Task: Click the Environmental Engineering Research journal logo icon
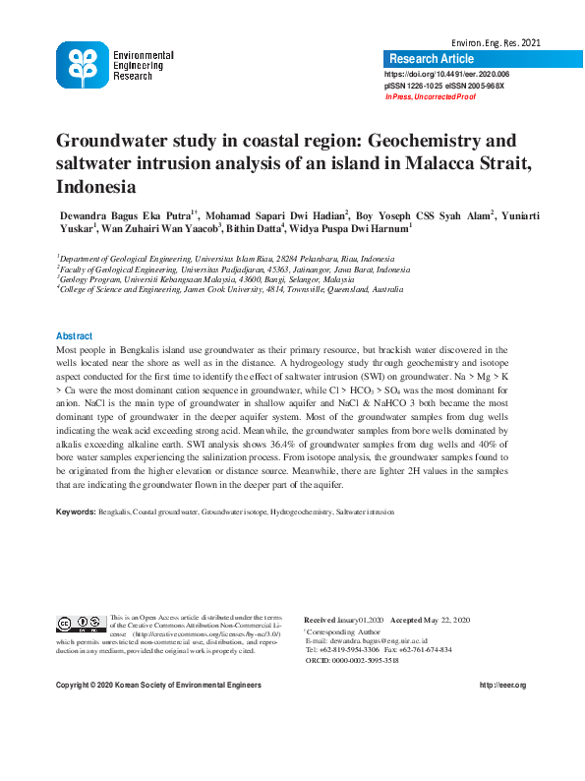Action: pos(83,66)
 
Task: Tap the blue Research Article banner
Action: pos(432,59)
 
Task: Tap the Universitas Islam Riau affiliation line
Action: pos(224,259)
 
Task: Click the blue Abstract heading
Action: pos(75,335)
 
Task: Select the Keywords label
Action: pos(76,511)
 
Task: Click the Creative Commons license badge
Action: pos(81,623)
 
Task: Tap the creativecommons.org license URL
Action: pos(193,634)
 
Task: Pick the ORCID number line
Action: pos(366,660)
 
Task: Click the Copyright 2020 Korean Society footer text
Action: pos(158,685)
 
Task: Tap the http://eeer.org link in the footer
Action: pos(502,685)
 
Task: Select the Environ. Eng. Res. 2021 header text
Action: pos(496,43)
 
